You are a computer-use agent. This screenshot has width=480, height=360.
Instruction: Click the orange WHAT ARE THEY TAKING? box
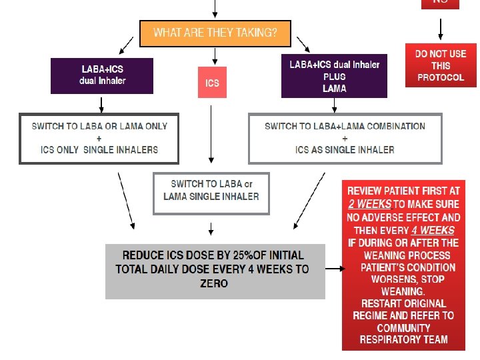pos(215,33)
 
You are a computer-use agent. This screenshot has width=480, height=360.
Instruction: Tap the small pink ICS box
pos(212,83)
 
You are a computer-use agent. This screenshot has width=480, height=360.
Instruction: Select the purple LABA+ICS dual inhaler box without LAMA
pos(102,75)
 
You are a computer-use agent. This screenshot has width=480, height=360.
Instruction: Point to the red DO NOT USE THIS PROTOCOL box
pos(440,65)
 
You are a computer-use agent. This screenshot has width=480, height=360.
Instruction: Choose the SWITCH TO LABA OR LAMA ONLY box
pos(99,138)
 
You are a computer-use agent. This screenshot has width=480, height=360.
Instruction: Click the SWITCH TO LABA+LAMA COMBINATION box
pos(345,138)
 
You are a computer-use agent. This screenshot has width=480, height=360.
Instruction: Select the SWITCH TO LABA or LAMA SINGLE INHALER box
pos(211,193)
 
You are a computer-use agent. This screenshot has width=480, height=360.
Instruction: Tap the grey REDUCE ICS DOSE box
pos(215,271)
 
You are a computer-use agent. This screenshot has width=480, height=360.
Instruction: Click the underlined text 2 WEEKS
pos(369,205)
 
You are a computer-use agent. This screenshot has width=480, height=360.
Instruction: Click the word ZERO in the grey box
pos(213,284)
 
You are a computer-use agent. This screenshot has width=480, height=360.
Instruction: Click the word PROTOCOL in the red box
pos(440,77)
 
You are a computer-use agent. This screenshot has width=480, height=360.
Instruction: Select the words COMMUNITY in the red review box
pos(404,327)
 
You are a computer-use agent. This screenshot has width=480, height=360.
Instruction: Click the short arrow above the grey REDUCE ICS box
pos(211,229)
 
